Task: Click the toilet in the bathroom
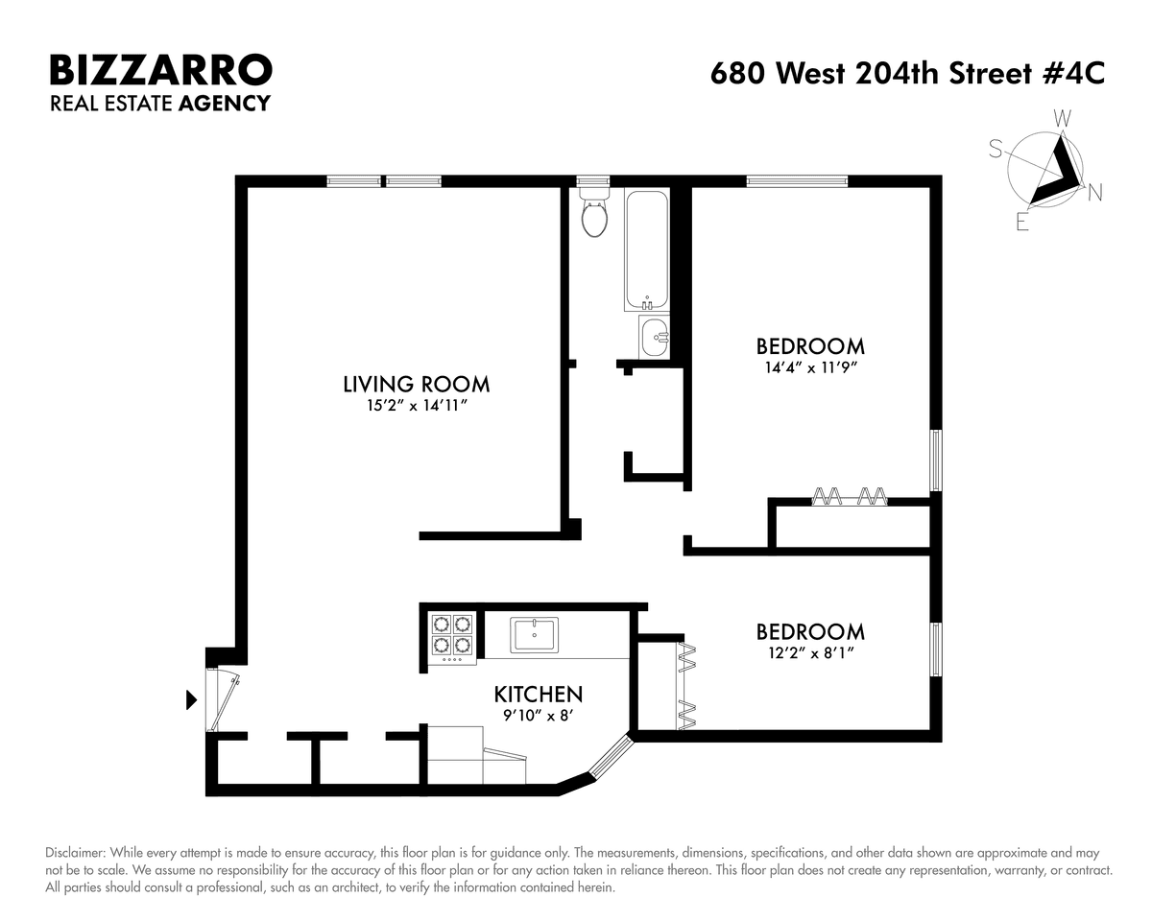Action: [594, 212]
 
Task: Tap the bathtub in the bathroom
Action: [647, 249]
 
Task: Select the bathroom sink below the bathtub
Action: [654, 337]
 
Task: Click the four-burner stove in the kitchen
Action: [452, 639]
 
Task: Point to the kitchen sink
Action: [534, 635]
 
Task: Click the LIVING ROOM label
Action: [416, 385]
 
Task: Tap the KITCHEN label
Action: [538, 695]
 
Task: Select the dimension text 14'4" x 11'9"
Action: [811, 368]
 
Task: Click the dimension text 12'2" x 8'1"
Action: [810, 653]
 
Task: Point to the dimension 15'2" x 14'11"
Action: [417, 406]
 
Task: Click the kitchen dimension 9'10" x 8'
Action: [538, 716]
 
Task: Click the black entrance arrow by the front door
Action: [191, 700]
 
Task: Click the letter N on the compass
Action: [1095, 192]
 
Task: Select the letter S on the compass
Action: [996, 149]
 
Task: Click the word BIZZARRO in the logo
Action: [161, 70]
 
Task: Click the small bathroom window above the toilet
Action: [593, 181]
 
